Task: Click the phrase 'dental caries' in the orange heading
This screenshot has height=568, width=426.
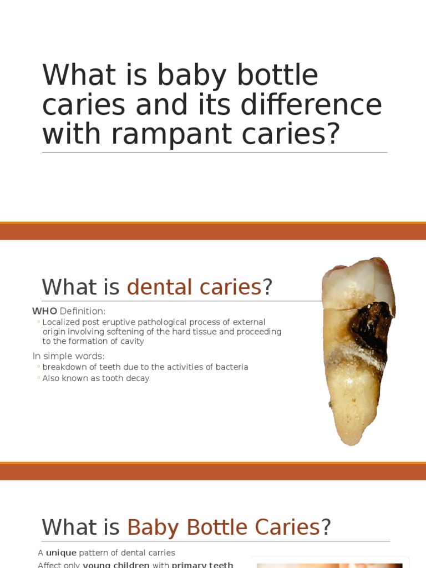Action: (194, 287)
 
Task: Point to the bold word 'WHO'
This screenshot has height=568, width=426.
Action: (44, 311)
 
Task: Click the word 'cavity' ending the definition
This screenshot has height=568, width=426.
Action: (133, 341)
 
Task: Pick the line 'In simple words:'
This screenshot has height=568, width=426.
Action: (68, 356)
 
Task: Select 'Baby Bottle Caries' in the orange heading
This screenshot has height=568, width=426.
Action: (224, 527)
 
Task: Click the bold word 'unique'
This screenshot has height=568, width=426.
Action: (61, 553)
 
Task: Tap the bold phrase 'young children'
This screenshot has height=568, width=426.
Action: (116, 565)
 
